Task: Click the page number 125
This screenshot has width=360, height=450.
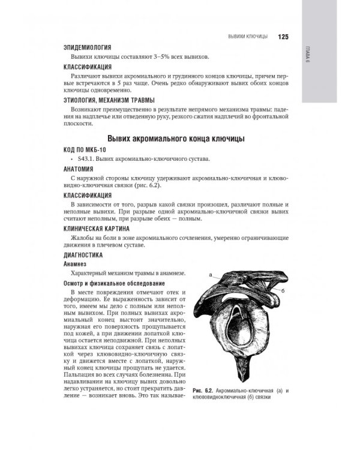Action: (283, 36)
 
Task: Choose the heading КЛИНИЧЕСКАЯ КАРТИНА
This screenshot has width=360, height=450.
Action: (99, 229)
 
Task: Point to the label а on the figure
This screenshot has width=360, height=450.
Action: (211, 275)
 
